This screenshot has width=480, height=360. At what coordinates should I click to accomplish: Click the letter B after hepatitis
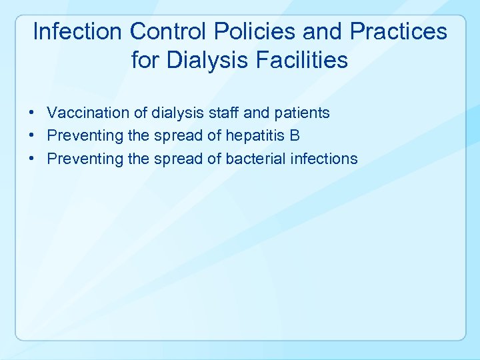coord(295,136)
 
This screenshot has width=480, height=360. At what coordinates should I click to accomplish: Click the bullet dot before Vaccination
coord(32,113)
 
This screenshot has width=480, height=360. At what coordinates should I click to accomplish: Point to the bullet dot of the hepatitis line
coord(32,136)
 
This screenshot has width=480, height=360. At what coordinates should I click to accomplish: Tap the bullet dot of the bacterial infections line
coord(32,159)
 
